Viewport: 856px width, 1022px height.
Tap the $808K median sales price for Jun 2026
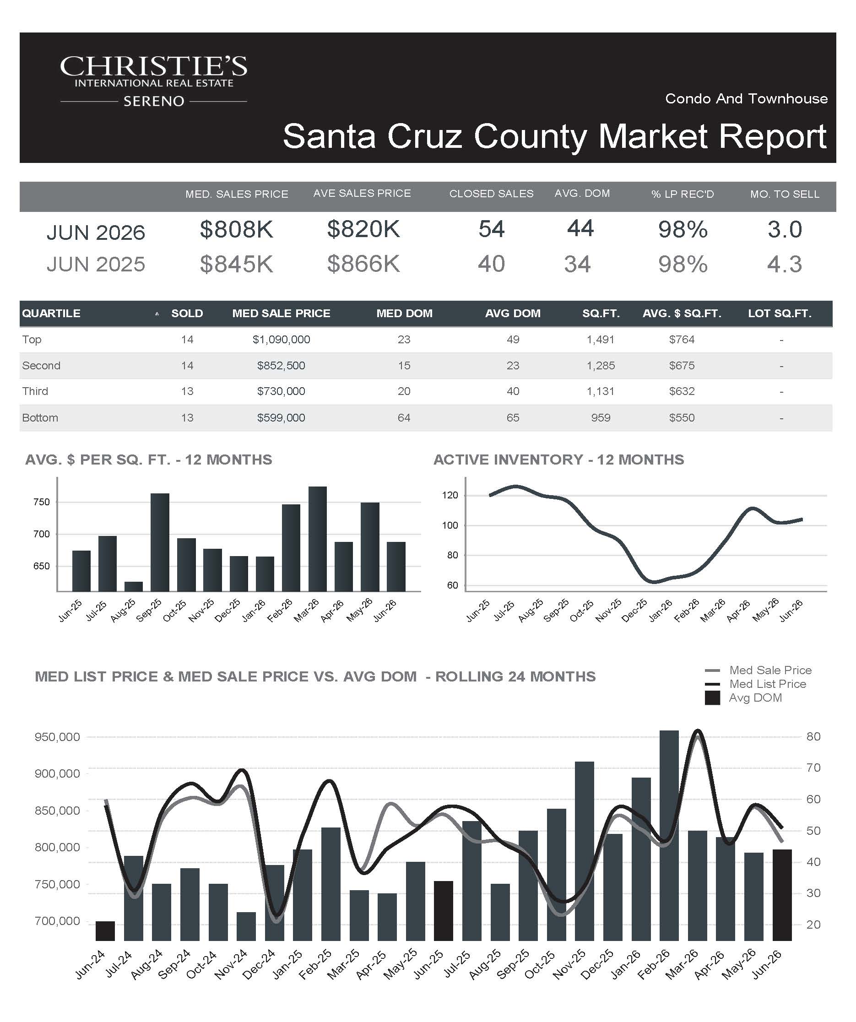237,229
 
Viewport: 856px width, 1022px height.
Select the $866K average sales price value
363,264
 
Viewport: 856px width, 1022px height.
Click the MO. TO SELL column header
785,194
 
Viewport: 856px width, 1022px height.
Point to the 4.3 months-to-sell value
785,264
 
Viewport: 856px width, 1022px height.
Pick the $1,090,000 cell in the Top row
281,340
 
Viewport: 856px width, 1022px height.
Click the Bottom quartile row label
40,417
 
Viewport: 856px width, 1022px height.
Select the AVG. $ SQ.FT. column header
682,314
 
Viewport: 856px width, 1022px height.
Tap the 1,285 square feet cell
601,366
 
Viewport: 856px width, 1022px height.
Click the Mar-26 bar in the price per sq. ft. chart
317,539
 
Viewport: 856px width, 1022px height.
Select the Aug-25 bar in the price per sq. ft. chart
133,586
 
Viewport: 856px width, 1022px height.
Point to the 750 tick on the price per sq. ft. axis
41,502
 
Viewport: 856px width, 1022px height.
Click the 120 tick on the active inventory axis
450,495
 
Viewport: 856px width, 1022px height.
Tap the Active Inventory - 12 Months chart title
558,460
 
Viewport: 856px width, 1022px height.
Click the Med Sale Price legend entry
758,670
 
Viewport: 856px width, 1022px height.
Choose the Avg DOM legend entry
743,698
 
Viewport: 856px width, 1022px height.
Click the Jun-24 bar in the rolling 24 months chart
105,931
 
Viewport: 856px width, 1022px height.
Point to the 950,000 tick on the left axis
57,737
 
